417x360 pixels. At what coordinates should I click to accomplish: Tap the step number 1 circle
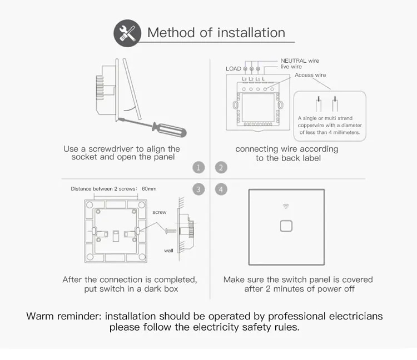coord(199,167)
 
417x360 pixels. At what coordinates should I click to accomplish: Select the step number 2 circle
coord(221,167)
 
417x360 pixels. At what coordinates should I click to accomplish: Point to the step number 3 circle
coord(199,189)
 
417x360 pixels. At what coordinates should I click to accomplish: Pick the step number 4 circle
coord(221,189)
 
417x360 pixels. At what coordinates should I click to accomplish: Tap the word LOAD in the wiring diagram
coord(234,69)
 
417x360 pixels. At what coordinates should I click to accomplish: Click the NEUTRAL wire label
coord(300,61)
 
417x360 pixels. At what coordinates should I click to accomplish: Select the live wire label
coord(291,67)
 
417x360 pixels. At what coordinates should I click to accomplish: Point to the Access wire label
coord(310,75)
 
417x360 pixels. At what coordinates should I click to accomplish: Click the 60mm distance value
coord(149,189)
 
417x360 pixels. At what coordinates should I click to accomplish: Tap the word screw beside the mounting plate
coord(160,212)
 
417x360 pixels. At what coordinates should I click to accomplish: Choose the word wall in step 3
coord(168,251)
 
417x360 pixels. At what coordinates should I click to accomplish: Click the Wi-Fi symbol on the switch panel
coord(287,206)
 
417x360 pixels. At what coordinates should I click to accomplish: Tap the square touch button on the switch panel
coord(287,226)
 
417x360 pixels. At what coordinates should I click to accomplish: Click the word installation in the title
coord(251,33)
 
